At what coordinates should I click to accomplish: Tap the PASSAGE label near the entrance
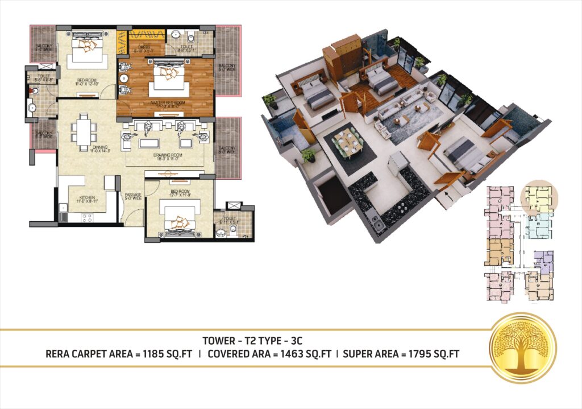pyautogui.click(x=132, y=196)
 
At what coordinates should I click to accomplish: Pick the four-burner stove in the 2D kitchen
pyautogui.click(x=88, y=217)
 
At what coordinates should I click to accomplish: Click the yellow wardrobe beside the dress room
pyautogui.click(x=121, y=41)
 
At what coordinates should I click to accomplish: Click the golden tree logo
pyautogui.click(x=523, y=348)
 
